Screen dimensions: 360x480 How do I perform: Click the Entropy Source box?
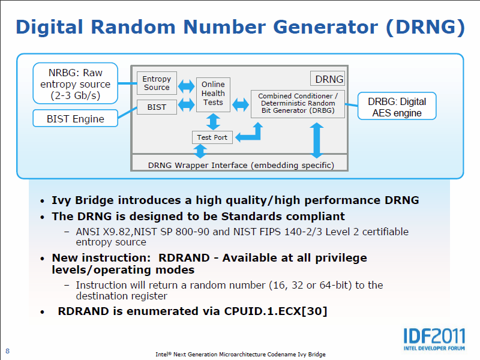click(157, 83)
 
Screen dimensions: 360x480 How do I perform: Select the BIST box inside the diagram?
click(157, 107)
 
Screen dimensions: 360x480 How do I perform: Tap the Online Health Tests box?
click(213, 94)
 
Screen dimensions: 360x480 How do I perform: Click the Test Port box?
click(212, 137)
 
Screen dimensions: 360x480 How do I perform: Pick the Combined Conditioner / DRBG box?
click(298, 104)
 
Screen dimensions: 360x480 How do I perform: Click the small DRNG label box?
click(328, 79)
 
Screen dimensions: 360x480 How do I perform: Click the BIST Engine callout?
click(76, 119)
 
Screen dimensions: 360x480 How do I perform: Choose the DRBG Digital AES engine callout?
click(397, 107)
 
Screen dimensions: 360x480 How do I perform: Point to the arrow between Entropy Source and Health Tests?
click(186, 86)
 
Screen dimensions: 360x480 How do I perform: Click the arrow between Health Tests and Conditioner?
click(241, 104)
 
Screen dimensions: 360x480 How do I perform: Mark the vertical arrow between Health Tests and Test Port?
click(212, 121)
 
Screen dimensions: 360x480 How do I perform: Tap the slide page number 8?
click(8, 351)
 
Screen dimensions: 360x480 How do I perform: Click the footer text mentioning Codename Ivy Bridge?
click(240, 354)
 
